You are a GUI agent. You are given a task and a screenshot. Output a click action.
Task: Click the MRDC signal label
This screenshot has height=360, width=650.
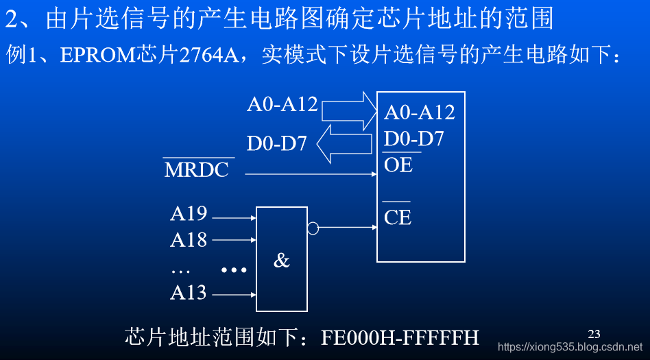(197, 170)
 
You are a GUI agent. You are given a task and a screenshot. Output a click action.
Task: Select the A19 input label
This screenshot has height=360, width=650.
(189, 214)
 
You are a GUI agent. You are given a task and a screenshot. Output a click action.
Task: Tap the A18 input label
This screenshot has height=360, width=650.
(189, 240)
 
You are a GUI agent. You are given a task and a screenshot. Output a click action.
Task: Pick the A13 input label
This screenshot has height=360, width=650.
(189, 293)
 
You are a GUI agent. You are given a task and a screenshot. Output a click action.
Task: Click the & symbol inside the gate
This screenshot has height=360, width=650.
(282, 261)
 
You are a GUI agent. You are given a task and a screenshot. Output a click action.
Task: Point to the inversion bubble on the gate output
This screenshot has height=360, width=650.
(313, 228)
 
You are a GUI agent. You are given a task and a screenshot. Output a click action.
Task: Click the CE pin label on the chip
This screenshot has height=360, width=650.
(398, 217)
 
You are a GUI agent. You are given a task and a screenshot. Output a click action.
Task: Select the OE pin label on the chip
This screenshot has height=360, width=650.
(398, 165)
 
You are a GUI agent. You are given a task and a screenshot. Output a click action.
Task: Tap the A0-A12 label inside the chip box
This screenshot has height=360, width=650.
(420, 112)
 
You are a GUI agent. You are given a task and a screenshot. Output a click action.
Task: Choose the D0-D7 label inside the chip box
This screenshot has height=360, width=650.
(414, 139)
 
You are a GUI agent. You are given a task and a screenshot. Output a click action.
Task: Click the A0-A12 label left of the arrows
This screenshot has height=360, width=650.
(282, 104)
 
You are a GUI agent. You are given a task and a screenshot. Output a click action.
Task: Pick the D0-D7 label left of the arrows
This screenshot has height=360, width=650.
(277, 144)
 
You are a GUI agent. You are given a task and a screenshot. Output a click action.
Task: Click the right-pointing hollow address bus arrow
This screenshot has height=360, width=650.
(349, 109)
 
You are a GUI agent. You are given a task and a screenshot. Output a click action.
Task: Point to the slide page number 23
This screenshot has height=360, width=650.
(594, 334)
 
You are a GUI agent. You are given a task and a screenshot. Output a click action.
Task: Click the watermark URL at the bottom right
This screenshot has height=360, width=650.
(570, 348)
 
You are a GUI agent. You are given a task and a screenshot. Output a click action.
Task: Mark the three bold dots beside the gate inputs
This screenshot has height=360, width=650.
(234, 270)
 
